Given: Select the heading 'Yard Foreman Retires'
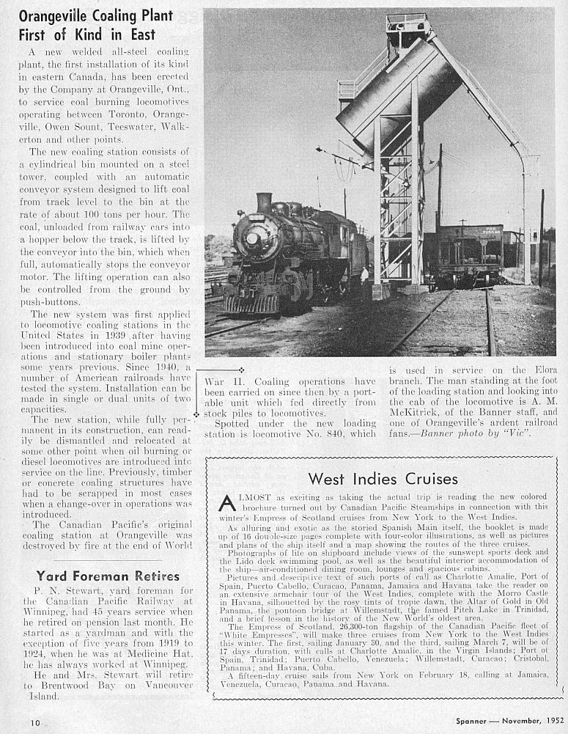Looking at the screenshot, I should point(108,576).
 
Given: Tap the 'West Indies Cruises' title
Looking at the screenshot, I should point(383,479).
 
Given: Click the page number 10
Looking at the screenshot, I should point(35,722).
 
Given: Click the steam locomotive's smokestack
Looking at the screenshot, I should point(264,203).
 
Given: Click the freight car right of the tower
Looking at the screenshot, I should point(467,253).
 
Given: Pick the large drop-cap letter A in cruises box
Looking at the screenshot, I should point(227,502).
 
